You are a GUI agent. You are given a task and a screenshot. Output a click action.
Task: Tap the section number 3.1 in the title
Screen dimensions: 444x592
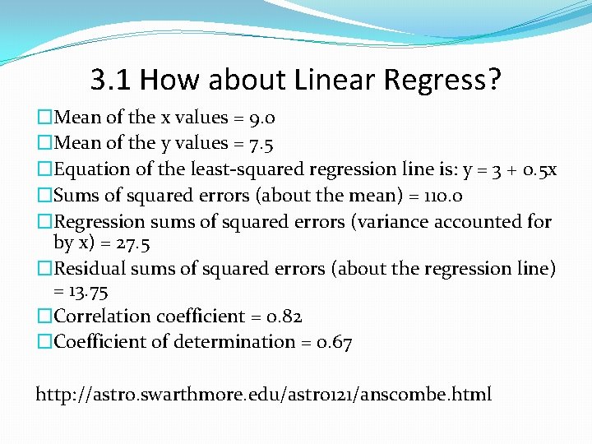coord(111,80)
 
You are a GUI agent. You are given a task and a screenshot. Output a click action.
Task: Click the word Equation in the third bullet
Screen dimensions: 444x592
coord(90,169)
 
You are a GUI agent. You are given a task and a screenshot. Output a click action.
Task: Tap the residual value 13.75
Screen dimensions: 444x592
coord(89,291)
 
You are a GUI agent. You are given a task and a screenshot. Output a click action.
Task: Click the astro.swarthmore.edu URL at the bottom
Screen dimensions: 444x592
coord(263,394)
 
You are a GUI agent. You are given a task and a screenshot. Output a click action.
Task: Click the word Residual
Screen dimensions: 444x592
coord(90,269)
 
